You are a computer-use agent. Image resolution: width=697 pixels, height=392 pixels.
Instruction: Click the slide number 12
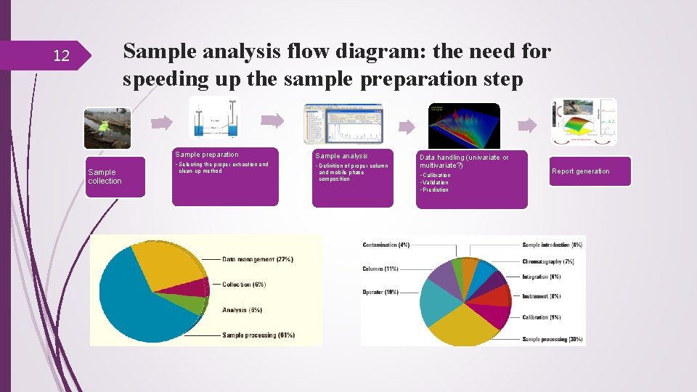(61, 56)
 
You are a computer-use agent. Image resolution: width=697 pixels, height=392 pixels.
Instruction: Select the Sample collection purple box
(115, 176)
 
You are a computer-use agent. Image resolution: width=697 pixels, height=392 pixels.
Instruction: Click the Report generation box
(590, 171)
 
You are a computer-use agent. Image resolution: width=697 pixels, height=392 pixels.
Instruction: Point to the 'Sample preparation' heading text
(206, 154)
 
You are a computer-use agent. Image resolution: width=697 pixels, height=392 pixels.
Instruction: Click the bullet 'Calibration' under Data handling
(436, 176)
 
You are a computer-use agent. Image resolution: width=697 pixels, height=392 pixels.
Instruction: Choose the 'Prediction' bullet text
(435, 190)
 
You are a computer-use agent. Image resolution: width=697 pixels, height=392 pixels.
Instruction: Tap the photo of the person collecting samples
(107, 128)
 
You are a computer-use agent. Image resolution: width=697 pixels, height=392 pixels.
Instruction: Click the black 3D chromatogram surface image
(464, 126)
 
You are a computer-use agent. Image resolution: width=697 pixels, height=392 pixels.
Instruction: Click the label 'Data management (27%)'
(258, 259)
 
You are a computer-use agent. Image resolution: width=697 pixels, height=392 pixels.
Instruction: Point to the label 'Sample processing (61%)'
(258, 335)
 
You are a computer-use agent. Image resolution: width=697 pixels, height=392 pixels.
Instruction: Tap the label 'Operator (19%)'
(381, 292)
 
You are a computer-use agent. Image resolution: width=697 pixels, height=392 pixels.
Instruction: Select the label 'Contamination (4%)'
(386, 245)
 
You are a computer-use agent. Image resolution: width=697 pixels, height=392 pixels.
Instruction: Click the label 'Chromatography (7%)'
(548, 261)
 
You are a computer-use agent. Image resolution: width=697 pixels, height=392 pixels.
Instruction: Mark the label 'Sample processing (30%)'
(553, 339)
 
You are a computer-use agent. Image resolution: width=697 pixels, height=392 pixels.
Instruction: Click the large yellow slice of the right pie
(465, 327)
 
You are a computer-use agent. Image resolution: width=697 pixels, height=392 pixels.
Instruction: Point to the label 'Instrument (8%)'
(542, 296)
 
